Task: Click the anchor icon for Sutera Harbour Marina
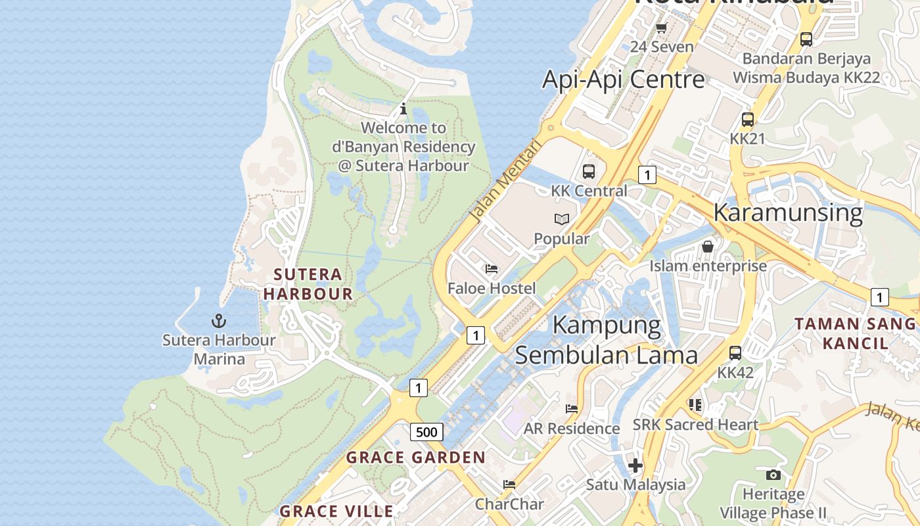218,321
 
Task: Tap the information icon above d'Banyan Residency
403,108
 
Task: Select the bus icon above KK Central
589,172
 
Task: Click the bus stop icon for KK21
748,120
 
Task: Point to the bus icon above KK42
735,352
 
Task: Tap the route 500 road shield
426,432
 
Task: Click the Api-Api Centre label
623,80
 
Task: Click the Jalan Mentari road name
504,179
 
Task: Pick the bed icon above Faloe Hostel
492,268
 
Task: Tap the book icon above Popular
561,219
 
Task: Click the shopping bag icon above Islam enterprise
708,247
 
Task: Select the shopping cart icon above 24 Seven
662,28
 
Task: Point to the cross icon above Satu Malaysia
635,466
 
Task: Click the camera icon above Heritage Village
773,475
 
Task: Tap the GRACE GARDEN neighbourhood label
415,458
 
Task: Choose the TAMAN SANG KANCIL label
854,333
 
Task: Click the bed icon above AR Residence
572,409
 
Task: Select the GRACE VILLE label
336,511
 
